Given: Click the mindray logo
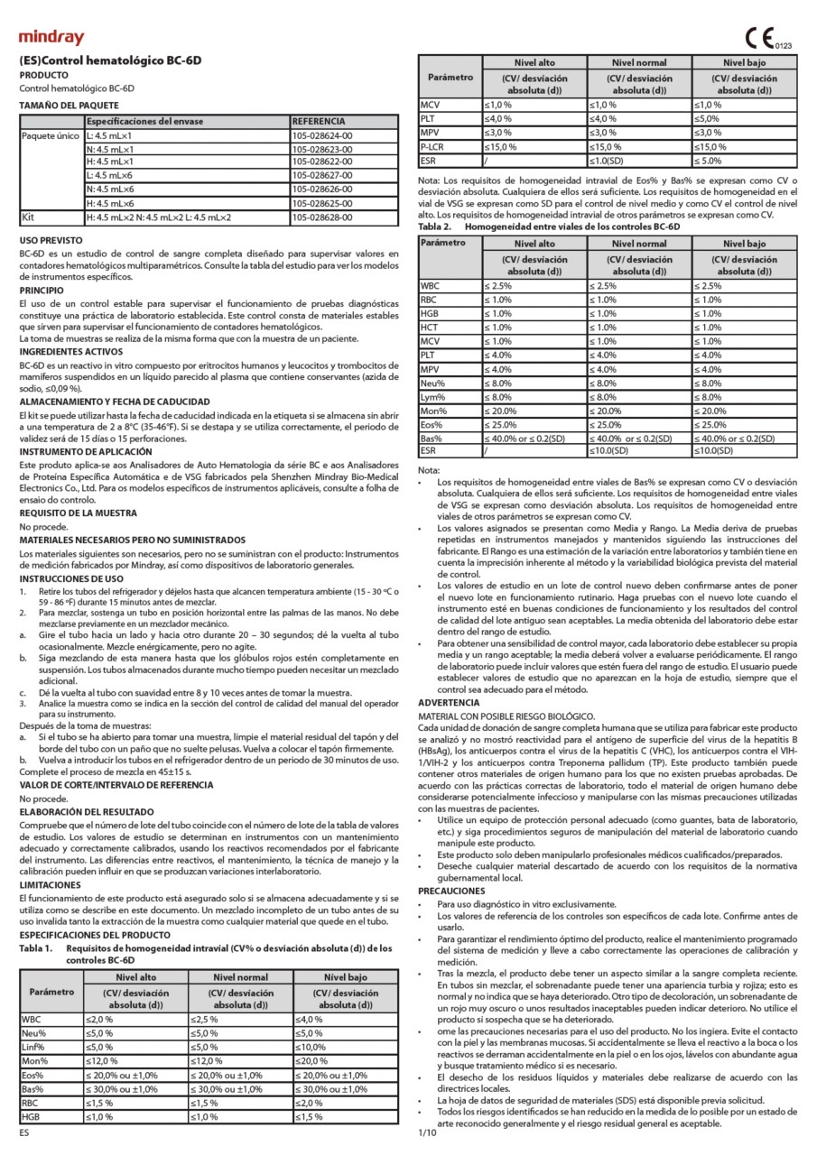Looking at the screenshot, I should click(x=51, y=38).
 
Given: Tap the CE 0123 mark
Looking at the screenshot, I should click(x=767, y=38).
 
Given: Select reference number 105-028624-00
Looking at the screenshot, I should click(x=322, y=135).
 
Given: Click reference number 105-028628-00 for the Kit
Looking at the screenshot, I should click(x=322, y=217).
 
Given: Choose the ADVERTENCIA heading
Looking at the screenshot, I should click(x=450, y=702).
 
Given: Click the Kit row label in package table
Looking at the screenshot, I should click(x=28, y=217).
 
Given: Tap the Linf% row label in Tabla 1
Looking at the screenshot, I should click(x=32, y=1046).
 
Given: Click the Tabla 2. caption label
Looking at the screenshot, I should click(x=437, y=226).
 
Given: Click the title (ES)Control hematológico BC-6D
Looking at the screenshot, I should click(x=110, y=60).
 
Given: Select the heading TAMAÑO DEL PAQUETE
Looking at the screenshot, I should click(x=65, y=106).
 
